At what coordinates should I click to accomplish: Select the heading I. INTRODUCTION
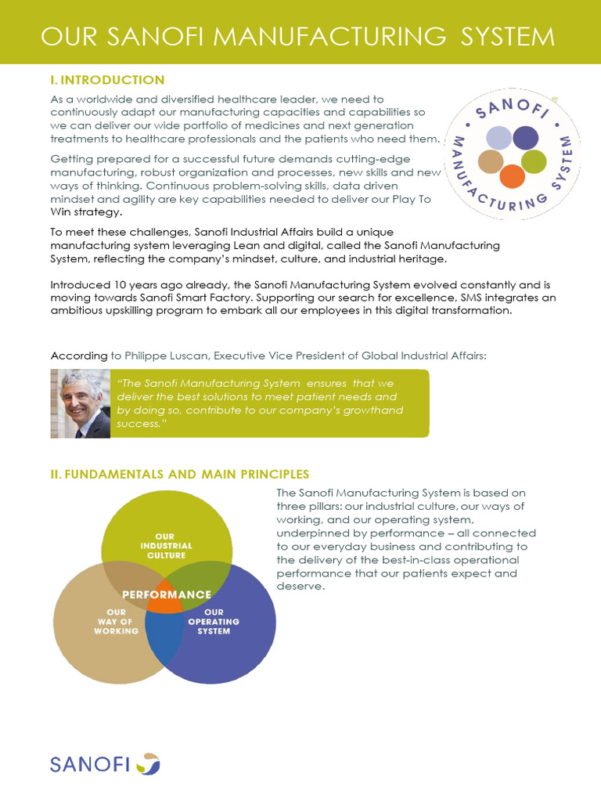pos(107,80)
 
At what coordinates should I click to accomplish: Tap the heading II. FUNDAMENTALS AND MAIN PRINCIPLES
pos(179,474)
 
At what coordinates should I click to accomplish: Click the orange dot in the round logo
pos(512,176)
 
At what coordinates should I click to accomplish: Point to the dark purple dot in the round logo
pos(525,138)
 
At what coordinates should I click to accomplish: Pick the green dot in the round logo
pos(534,161)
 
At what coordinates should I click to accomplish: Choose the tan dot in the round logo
pos(491,161)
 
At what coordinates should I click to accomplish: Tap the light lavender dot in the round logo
pos(498,138)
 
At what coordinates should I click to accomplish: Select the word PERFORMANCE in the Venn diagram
pos(167,594)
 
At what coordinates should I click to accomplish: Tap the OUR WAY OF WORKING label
pos(117,621)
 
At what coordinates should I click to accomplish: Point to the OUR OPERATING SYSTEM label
pos(214,621)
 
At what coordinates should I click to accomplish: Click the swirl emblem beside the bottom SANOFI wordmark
pos(148,763)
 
